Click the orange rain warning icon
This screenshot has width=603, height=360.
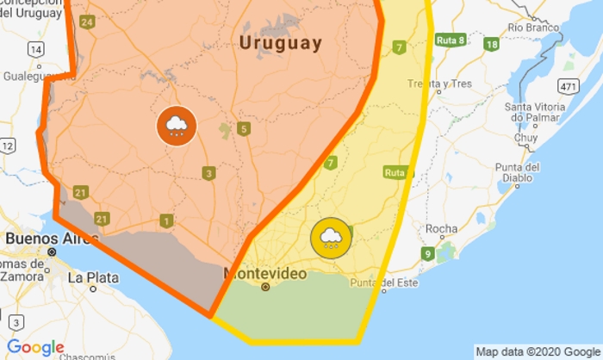(177, 127)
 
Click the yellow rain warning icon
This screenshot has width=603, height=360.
(332, 239)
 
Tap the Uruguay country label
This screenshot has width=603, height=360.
(281, 43)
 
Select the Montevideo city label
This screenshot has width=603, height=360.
(264, 272)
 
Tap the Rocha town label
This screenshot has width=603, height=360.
(442, 229)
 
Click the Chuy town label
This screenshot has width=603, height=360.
(525, 138)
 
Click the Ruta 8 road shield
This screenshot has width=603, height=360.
(451, 40)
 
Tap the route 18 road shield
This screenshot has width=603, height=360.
(492, 45)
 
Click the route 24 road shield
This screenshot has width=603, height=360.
(87, 22)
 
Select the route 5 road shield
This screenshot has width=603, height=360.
(245, 129)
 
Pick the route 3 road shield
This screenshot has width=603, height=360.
(209, 174)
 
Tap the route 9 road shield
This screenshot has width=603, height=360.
(427, 253)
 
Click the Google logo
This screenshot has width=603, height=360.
(35, 347)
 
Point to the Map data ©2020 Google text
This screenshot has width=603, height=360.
(538, 351)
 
